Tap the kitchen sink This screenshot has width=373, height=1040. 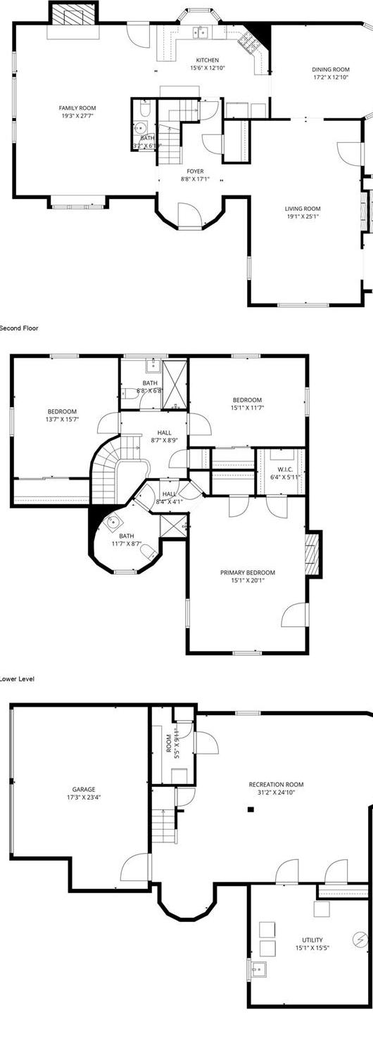point(201,31)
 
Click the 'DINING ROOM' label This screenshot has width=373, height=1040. point(331,70)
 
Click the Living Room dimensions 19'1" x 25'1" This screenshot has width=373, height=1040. point(303,217)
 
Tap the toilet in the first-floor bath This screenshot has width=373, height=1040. point(144,108)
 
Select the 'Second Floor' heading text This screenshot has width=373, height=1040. point(19,328)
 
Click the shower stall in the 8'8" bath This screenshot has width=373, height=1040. point(175,383)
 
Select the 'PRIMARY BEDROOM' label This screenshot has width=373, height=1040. point(247,572)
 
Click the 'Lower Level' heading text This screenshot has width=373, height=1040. point(17,679)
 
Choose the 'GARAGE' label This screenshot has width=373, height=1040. point(83,789)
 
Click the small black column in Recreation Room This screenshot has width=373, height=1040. point(250,809)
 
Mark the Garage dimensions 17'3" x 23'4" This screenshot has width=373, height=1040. point(83,797)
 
